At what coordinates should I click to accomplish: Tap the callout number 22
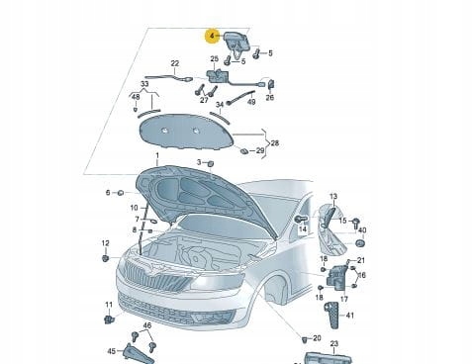175,65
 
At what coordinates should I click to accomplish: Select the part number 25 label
215,59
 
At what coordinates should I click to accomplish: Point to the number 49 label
250,102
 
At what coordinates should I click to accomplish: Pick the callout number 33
144,85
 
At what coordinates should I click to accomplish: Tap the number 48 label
136,97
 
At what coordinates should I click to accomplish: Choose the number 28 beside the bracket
274,143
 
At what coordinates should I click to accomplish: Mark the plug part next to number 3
210,162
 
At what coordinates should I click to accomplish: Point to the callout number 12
105,243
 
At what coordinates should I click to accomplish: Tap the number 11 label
109,305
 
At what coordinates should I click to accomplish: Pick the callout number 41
348,315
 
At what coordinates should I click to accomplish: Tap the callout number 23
333,343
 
